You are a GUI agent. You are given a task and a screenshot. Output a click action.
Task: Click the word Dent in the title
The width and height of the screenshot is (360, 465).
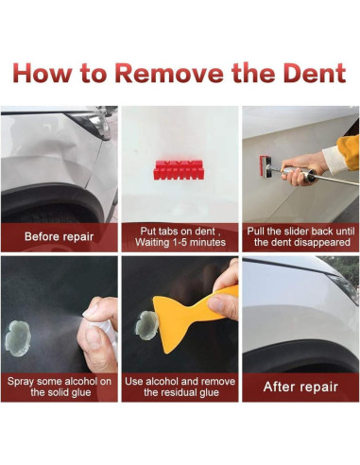coord(315,73)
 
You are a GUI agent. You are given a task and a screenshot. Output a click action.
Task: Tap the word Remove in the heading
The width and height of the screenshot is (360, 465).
coord(168,73)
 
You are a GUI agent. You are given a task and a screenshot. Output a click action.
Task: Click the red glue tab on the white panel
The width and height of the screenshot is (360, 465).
coord(178,170)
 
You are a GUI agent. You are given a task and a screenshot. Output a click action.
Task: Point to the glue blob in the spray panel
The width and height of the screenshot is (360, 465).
coord(18,338)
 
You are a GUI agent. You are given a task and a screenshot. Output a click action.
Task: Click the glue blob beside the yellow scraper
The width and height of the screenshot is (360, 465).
coord(146,325)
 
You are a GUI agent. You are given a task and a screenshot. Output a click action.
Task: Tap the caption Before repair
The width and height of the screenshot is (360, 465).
coord(59,236)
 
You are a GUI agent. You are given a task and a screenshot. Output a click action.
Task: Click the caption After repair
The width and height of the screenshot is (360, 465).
coord(300,387)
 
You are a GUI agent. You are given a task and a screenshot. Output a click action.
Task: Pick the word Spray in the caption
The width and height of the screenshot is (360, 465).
coord(20,382)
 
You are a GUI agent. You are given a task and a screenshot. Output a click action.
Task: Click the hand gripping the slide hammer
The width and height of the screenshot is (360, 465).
coord(300,168)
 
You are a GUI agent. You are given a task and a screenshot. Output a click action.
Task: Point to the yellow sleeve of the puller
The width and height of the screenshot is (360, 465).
coord(348,152)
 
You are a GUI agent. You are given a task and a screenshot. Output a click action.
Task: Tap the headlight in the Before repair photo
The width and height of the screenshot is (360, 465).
coord(93,124)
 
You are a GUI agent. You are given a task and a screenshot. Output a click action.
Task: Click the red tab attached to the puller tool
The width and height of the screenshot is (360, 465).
coord(263,166)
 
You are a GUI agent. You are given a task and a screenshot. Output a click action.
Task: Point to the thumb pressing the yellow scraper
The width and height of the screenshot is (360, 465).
coord(224,304)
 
